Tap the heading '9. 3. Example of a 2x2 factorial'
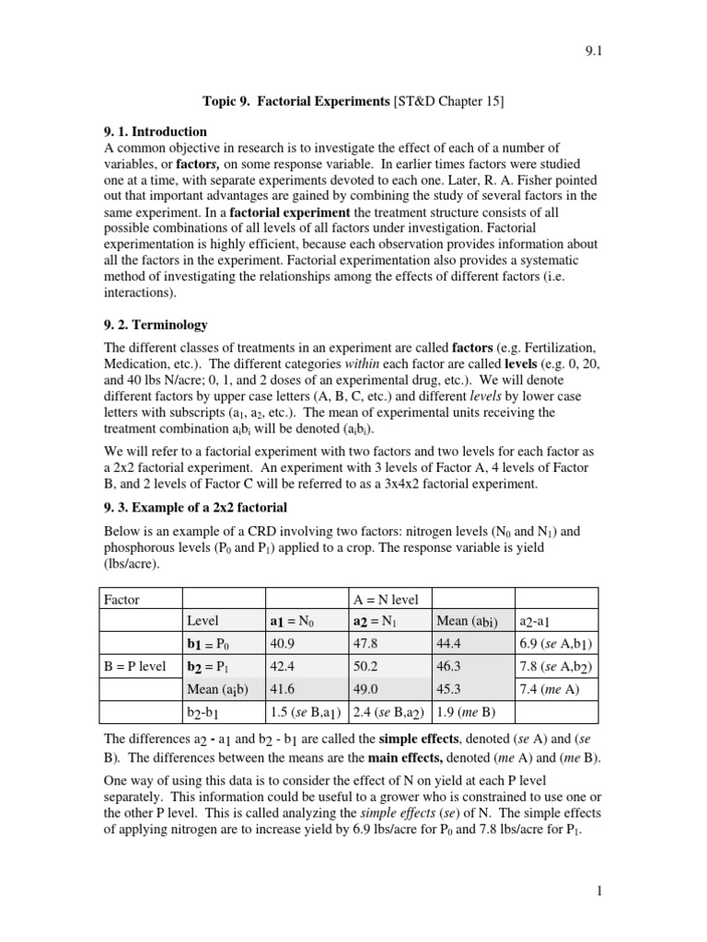[198, 507]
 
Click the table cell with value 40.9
[281, 645]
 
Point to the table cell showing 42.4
[281, 667]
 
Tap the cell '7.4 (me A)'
[553, 689]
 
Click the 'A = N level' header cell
[387, 600]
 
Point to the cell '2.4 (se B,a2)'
[388, 711]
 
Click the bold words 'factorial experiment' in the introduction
[294, 211]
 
